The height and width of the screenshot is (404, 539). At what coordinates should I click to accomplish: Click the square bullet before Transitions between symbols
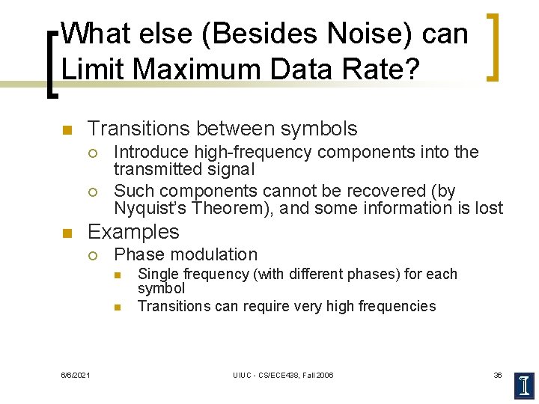point(67,130)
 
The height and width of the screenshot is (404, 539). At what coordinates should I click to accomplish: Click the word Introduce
point(150,152)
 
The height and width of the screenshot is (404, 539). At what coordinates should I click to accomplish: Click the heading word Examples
point(133,231)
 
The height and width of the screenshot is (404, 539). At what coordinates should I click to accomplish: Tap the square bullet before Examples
point(67,233)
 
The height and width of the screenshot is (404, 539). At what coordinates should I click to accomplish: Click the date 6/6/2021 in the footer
point(76,375)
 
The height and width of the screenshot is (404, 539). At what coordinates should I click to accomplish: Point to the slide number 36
point(497,375)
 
